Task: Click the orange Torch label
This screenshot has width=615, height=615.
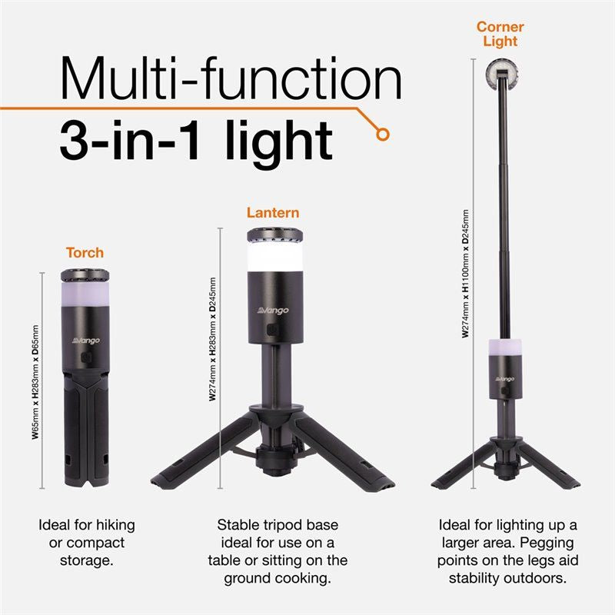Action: point(85,252)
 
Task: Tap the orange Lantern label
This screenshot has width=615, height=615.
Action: point(273,212)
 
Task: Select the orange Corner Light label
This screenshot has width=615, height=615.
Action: point(500,34)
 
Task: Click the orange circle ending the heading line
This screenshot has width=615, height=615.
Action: point(382,134)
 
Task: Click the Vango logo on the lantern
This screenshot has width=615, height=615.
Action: point(273,310)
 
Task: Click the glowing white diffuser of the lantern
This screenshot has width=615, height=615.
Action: point(273,258)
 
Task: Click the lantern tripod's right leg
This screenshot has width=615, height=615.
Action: point(346,457)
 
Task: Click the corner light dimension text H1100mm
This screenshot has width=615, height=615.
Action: point(465,273)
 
